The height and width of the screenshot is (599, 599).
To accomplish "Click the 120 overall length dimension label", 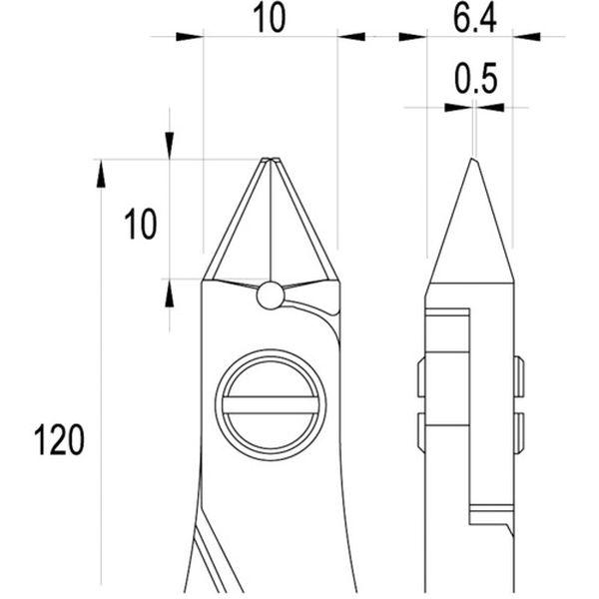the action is tap(59, 439).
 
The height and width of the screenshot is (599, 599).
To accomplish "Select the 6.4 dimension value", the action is tap(474, 19).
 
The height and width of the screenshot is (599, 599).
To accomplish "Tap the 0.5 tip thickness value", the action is tap(475, 78).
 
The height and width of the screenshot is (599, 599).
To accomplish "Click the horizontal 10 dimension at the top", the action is tap(270, 19).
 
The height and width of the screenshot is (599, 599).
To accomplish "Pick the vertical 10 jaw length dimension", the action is tap(141, 225).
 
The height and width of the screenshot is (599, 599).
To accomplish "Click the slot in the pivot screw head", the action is tap(271, 405).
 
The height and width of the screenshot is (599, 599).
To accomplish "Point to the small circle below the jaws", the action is tap(271, 296).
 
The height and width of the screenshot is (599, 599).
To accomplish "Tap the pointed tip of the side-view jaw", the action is tap(473, 158).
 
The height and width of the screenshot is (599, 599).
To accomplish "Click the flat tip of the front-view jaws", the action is tap(271, 158).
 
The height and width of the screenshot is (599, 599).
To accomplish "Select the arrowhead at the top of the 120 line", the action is tap(101, 174).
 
